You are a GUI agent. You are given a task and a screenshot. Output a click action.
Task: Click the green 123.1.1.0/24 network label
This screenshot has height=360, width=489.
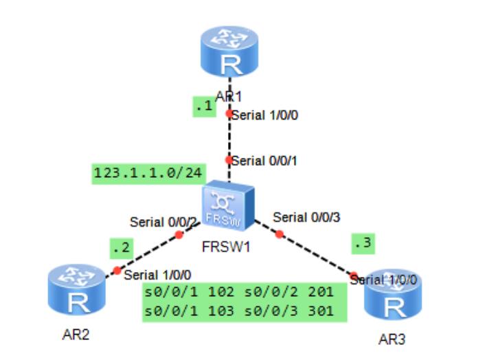pos(148,173)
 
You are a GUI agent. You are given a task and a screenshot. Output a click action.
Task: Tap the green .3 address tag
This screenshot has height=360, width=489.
pos(363,243)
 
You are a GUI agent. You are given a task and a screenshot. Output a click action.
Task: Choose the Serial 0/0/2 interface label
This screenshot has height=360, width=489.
pos(164,222)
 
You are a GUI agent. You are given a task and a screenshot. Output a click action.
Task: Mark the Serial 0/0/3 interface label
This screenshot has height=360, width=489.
pos(308,217)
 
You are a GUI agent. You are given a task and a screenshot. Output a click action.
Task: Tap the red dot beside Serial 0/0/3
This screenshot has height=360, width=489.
pos(280,234)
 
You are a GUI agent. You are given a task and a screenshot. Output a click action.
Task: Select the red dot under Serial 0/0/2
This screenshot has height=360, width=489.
pos(179,235)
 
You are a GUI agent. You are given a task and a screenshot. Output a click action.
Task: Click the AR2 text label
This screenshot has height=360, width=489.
pos(76,335)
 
